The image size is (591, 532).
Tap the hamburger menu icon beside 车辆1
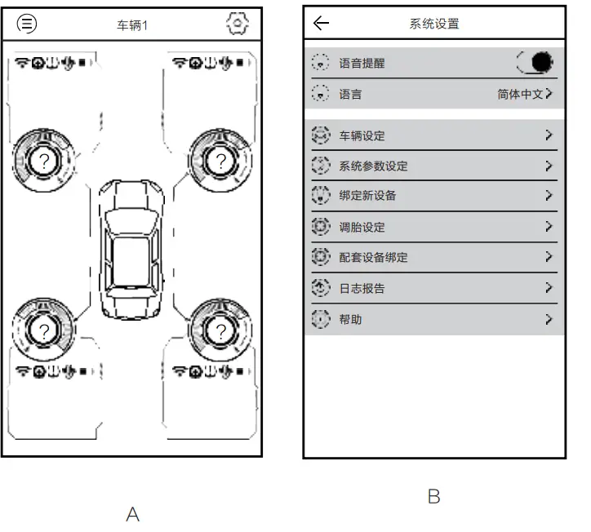click(x=27, y=24)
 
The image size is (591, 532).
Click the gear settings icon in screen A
click(x=237, y=24)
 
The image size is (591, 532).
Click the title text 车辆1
click(x=132, y=25)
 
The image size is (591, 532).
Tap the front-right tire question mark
click(x=220, y=161)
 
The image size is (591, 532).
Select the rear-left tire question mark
click(x=43, y=330)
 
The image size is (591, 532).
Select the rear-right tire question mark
click(x=220, y=330)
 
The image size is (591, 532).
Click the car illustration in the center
click(x=131, y=249)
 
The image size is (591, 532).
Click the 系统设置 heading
click(x=433, y=24)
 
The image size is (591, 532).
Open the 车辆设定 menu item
click(x=362, y=135)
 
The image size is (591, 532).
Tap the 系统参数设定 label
click(x=373, y=166)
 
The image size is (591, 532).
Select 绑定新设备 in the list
click(x=367, y=196)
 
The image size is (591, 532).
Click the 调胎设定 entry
click(x=362, y=227)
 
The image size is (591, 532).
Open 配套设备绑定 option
click(x=373, y=257)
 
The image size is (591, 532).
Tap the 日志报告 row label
click(x=362, y=288)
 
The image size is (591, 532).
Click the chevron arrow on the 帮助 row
click(x=549, y=319)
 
